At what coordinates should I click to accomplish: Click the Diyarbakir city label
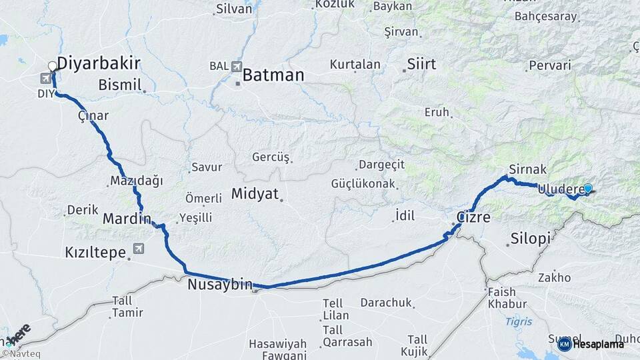coord(98,63)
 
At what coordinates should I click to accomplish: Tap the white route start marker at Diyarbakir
coord(53,66)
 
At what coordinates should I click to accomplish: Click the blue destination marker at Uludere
coord(587,189)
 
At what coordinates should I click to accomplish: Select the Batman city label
coord(273,75)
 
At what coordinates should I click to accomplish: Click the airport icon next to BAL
coord(237,66)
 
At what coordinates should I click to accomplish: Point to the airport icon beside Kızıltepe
coord(138,249)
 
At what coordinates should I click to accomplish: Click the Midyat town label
coord(255,194)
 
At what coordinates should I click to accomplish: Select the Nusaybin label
coord(220,285)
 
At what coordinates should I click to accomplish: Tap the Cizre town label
coord(473,218)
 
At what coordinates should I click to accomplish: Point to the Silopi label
coord(531,238)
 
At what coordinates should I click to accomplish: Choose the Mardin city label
coord(126,218)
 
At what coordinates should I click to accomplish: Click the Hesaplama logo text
coord(598,344)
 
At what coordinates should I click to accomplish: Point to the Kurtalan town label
coord(355,65)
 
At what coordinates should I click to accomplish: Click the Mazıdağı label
coord(136,181)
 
